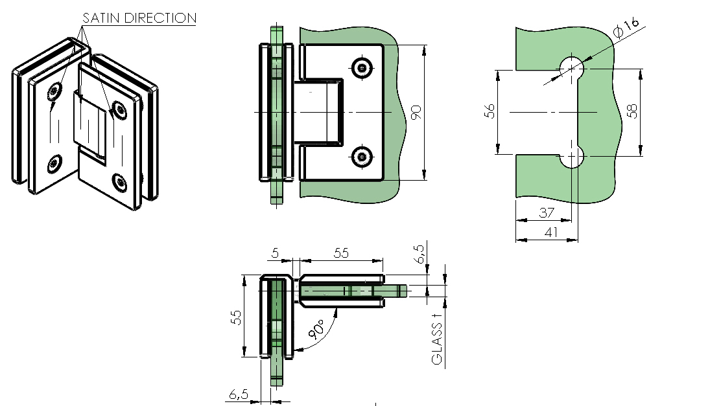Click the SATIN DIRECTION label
(x=139, y=18)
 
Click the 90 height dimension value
(x=416, y=113)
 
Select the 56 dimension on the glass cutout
(x=490, y=111)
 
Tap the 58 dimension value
(x=633, y=111)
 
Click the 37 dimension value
(x=547, y=212)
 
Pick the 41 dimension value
(x=551, y=232)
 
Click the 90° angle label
(x=317, y=329)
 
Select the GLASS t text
(x=437, y=337)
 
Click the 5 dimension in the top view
(x=275, y=253)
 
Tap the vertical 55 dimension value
(x=236, y=317)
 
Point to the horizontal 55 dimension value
(x=341, y=253)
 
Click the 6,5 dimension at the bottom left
(x=238, y=394)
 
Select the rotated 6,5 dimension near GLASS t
(x=419, y=254)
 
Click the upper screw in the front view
(x=362, y=68)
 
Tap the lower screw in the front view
(x=362, y=157)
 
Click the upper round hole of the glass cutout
(x=572, y=69)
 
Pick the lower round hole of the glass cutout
(x=572, y=157)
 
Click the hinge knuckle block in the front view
(x=318, y=113)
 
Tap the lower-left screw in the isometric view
(x=54, y=164)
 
